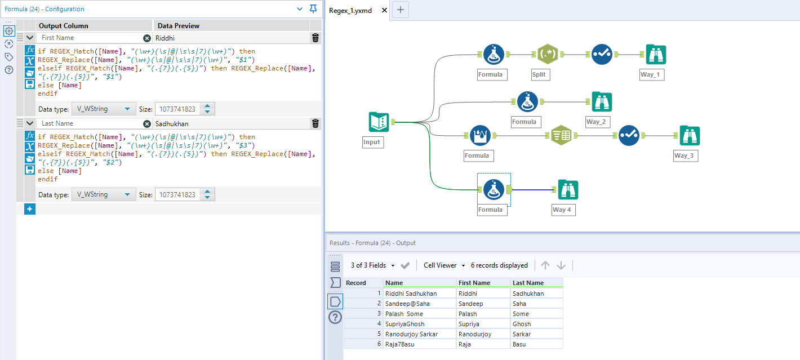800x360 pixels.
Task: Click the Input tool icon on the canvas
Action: point(379,122)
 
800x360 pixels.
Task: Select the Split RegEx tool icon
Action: point(547,55)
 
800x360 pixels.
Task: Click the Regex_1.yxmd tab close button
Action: point(384,10)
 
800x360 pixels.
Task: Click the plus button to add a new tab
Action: point(400,10)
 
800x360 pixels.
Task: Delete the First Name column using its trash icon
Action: point(315,38)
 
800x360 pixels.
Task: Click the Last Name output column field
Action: point(90,123)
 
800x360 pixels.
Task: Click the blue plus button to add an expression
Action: point(30,209)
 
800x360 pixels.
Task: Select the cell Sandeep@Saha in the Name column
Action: point(419,304)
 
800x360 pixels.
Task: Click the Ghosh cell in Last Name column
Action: point(536,324)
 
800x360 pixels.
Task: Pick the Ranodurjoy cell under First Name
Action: point(483,334)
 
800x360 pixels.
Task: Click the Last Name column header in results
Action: point(536,283)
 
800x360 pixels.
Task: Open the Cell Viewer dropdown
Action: point(445,265)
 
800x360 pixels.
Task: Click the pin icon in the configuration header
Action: point(313,8)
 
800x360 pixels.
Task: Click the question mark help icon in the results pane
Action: point(335,317)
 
